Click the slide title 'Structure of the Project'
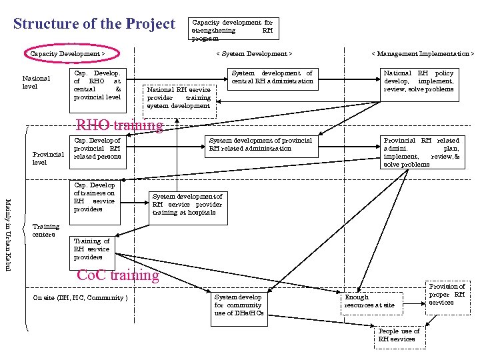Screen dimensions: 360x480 pyautogui.click(x=94, y=24)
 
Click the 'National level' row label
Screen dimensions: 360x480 pyautogui.click(x=36, y=82)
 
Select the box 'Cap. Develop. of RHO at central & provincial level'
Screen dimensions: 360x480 pyautogui.click(x=98, y=85)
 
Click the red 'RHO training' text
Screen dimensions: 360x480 pyautogui.click(x=120, y=125)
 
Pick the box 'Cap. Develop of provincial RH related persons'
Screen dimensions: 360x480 pyautogui.click(x=98, y=149)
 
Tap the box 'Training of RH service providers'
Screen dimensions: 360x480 pyautogui.click(x=92, y=249)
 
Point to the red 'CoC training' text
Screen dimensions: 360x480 pyautogui.click(x=118, y=275)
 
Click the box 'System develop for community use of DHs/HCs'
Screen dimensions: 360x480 pyautogui.click(x=239, y=305)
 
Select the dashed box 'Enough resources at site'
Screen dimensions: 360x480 pyautogui.click(x=370, y=301)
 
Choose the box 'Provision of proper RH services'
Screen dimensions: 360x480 pyautogui.click(x=447, y=295)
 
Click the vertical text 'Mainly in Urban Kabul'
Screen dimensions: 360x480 pyautogui.click(x=9, y=234)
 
